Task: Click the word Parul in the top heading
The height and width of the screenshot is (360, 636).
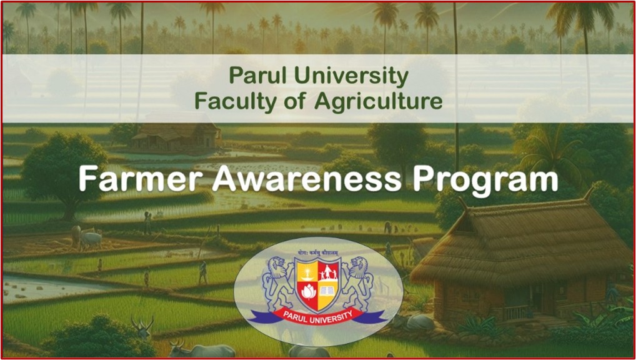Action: point(253,76)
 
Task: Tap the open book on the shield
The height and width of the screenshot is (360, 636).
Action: point(329,291)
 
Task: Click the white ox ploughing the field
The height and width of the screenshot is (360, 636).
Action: point(89,238)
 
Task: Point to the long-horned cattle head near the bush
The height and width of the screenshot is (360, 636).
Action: point(143,324)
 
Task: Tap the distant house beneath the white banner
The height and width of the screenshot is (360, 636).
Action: point(176,136)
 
